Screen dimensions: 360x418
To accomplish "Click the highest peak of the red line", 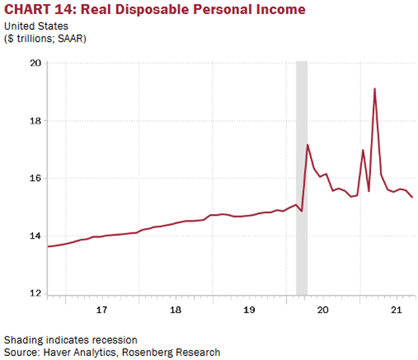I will coord(375,89).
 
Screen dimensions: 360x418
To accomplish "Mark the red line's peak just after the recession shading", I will coord(308,145).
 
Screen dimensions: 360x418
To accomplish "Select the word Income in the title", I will coord(282,9).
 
